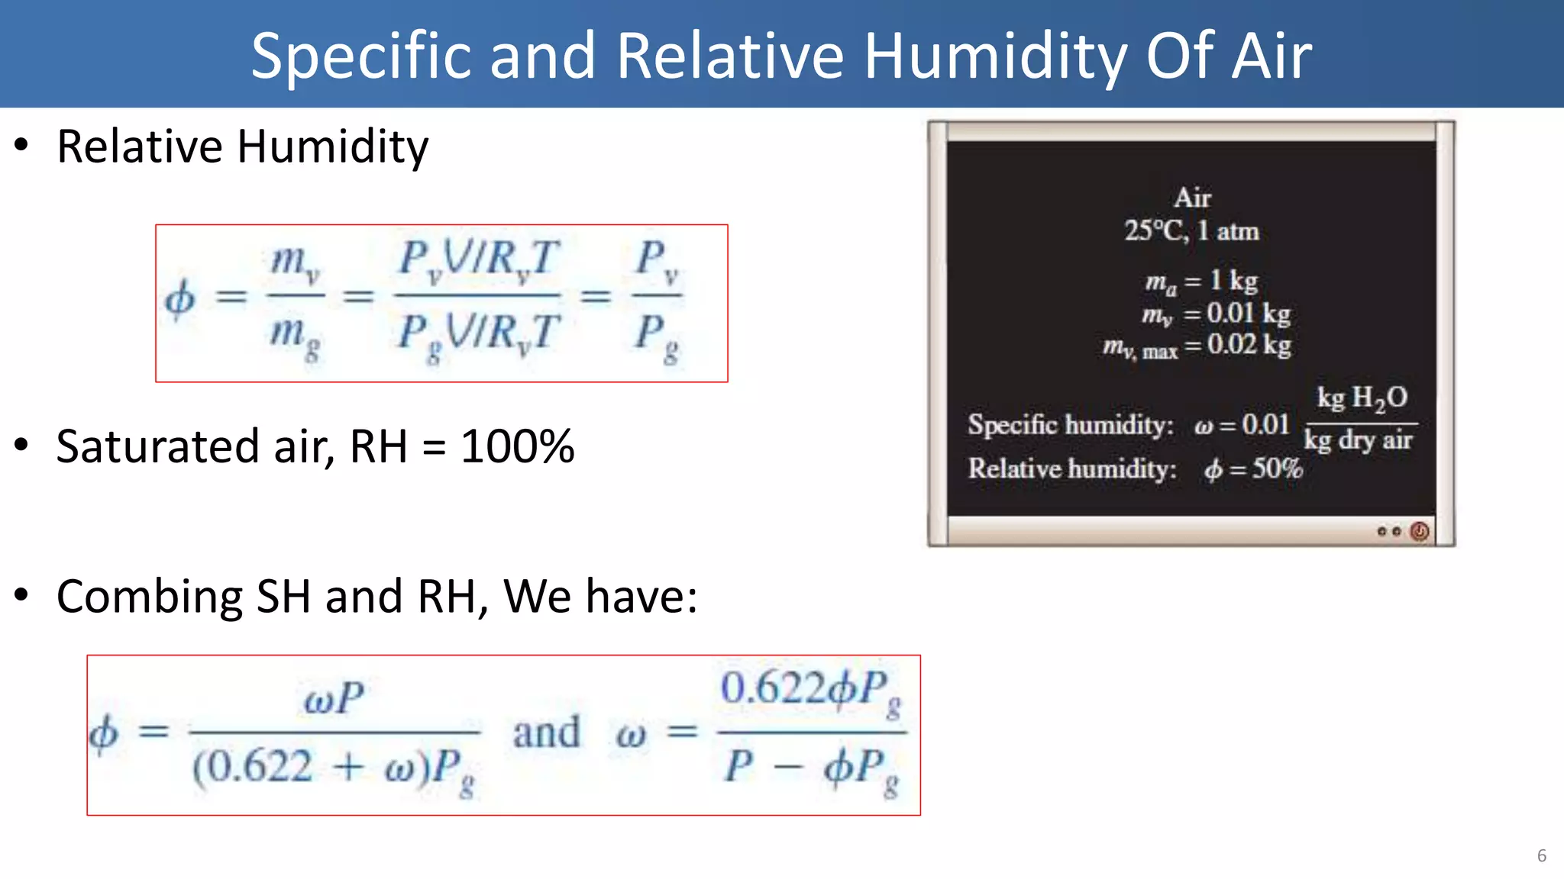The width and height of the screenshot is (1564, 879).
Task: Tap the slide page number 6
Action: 1541,855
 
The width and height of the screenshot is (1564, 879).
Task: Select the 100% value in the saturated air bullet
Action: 517,446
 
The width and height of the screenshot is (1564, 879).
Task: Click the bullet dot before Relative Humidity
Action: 22,145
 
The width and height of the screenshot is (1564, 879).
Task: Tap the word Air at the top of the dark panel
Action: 1192,198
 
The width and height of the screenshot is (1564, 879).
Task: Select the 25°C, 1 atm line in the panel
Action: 1191,230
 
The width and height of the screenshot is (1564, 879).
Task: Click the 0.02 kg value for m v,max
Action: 1249,345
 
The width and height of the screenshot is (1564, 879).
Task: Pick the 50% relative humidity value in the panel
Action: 1277,468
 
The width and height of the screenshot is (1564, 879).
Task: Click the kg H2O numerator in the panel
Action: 1362,398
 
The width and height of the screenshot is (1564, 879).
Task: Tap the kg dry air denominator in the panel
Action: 1358,440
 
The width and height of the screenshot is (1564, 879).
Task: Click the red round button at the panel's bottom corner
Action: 1419,531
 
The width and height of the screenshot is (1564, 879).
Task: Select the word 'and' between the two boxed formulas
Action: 546,732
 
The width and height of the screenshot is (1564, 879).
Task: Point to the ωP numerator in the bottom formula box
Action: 334,698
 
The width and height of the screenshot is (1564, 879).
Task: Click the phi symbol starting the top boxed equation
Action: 180,298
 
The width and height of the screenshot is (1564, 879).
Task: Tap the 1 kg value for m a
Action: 1233,281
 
